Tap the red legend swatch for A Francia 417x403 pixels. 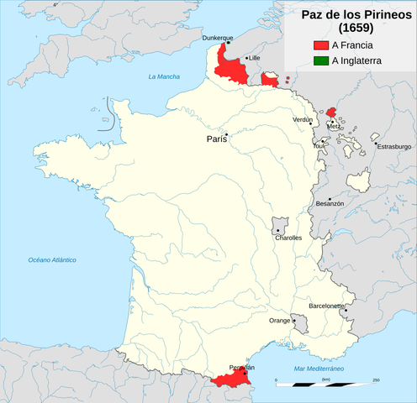[x=319, y=44]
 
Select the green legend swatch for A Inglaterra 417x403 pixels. [x=319, y=60]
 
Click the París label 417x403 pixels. [x=215, y=139]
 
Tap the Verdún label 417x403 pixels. [x=302, y=120]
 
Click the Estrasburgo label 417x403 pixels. [x=393, y=146]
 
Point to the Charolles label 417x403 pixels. [x=288, y=238]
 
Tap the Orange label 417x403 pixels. [x=279, y=321]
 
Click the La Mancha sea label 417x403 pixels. [x=165, y=77]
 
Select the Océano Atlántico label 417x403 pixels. [x=52, y=260]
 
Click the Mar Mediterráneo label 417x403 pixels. [x=319, y=369]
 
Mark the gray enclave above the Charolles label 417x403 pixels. [x=280, y=224]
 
